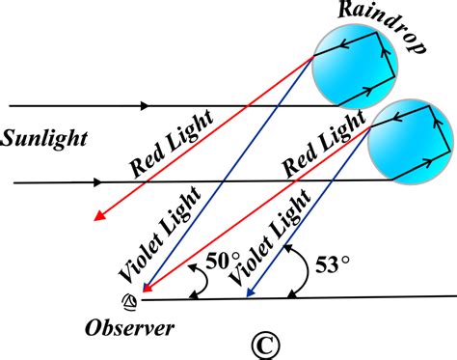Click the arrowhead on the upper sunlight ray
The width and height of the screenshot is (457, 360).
tap(147, 104)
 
